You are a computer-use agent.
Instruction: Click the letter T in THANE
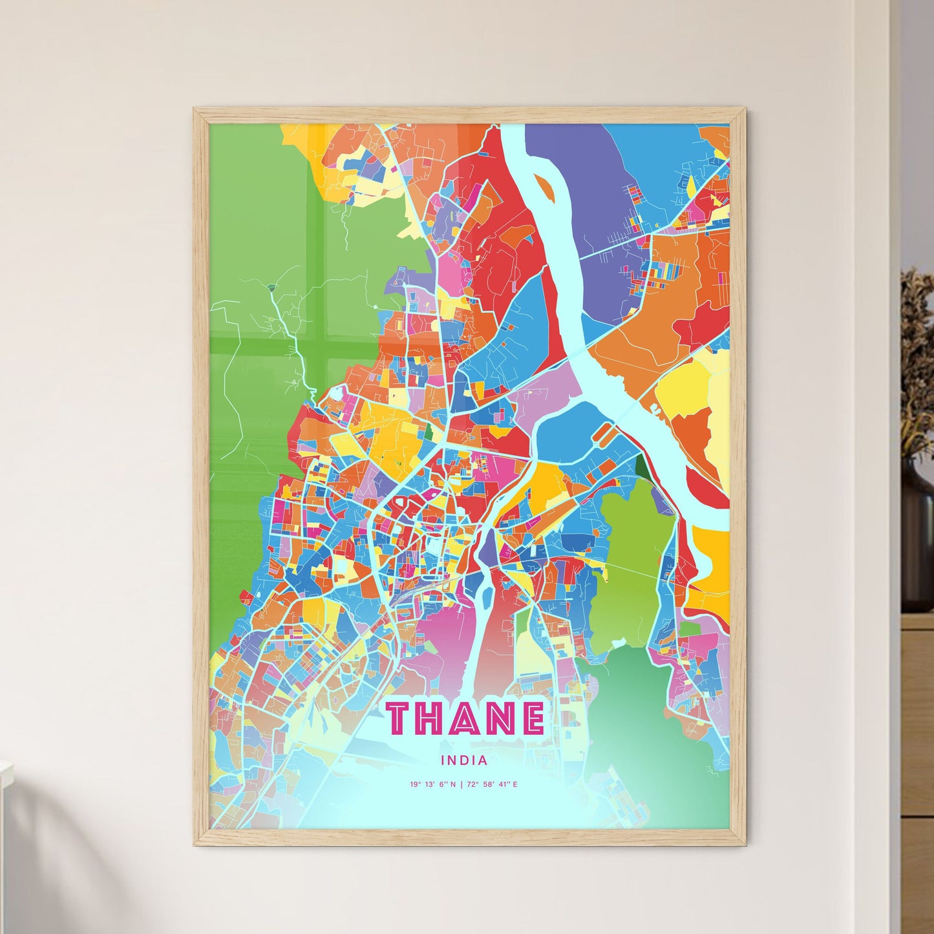point(404,718)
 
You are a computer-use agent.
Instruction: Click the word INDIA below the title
point(464,761)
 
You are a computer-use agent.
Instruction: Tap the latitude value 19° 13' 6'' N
point(432,785)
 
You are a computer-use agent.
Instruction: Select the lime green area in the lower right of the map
point(630,562)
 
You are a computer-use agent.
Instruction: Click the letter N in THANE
point(498,718)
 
